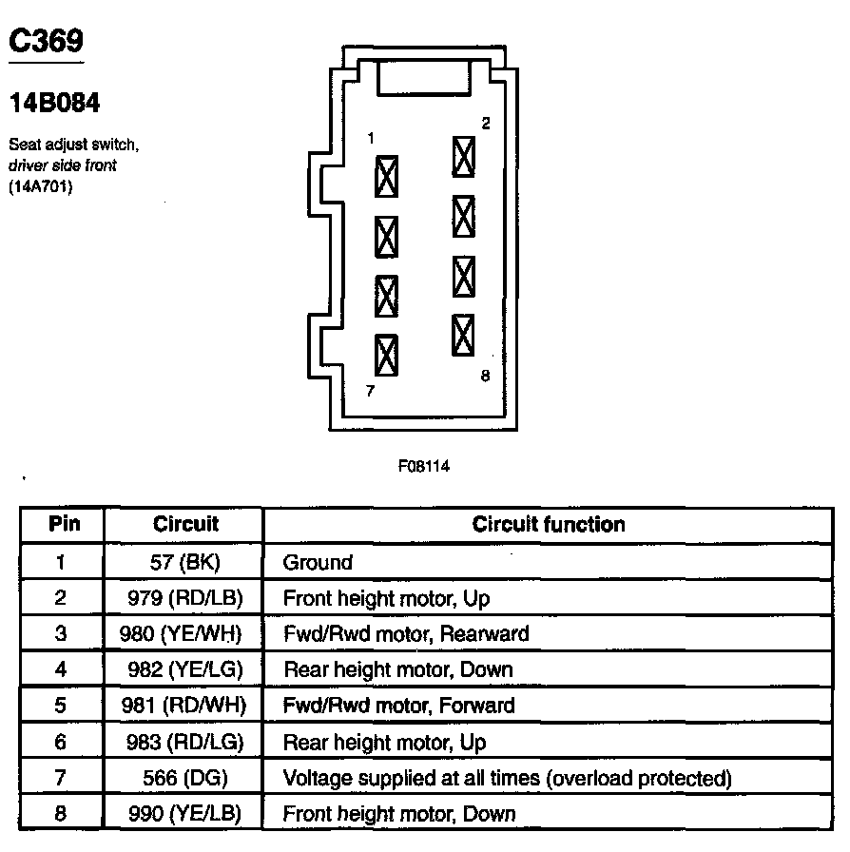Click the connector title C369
point(46,41)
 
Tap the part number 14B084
point(55,103)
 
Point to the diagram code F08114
point(425,467)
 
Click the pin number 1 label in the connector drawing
point(371,139)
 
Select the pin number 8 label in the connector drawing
point(485,376)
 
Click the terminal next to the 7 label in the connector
point(387,356)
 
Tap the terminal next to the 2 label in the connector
point(463,156)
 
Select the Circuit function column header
point(549,524)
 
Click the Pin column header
point(64,524)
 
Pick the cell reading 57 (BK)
point(185,562)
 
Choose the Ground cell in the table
point(318,562)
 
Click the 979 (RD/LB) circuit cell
point(185,598)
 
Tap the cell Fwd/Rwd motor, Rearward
point(406,633)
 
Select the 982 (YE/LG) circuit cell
point(185,669)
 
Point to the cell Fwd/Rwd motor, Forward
point(399,706)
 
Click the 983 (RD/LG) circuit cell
point(185,742)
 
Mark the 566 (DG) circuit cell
point(185,778)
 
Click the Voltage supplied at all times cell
point(507,778)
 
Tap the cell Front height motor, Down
point(399,814)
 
